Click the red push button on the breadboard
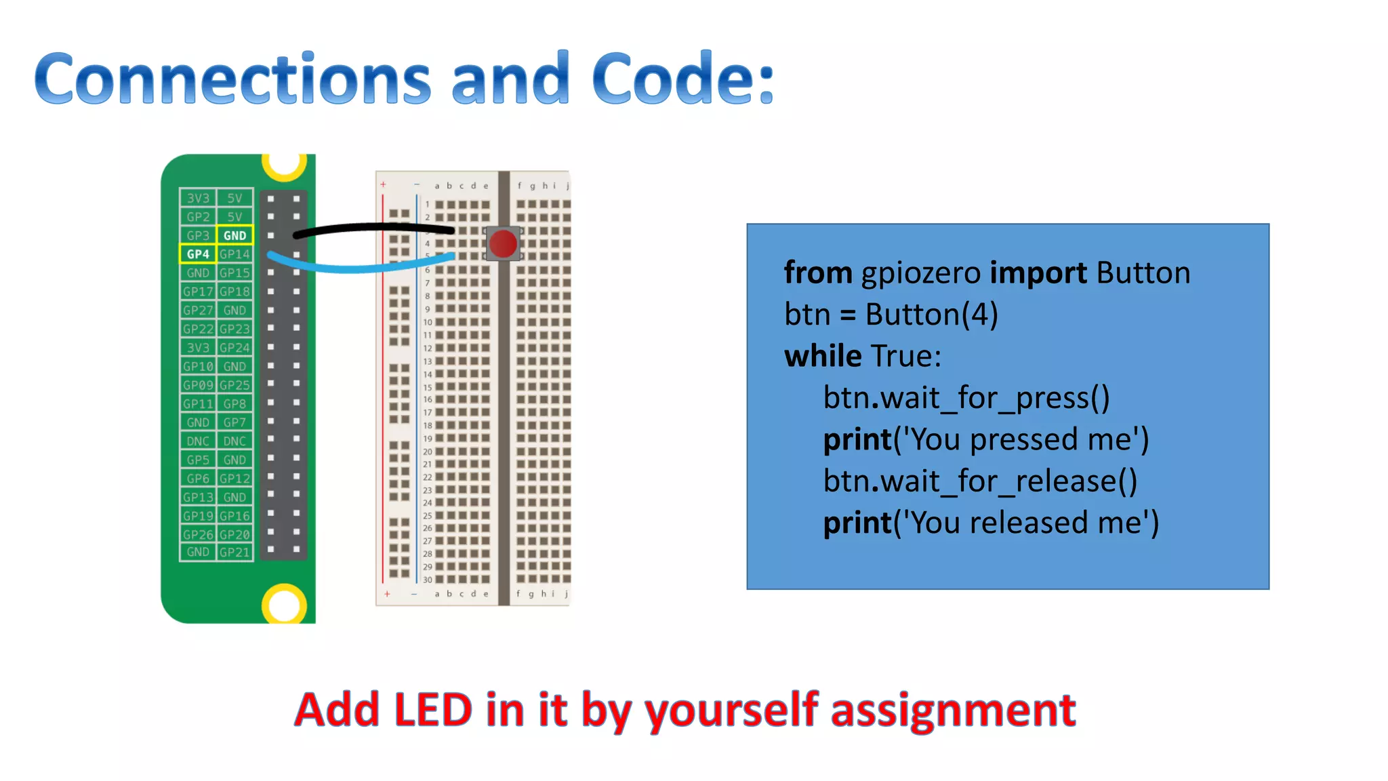pyautogui.click(x=503, y=243)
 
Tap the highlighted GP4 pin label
pyautogui.click(x=198, y=254)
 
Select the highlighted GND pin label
pyautogui.click(x=234, y=235)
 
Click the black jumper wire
pyautogui.click(x=373, y=228)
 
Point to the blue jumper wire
pyautogui.click(x=359, y=267)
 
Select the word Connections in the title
pyautogui.click(x=232, y=79)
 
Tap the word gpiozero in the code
pyautogui.click(x=920, y=273)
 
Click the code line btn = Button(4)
pyautogui.click(x=891, y=315)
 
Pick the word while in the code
pyautogui.click(x=822, y=356)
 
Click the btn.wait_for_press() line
pyautogui.click(x=966, y=398)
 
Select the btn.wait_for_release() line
pyautogui.click(x=979, y=481)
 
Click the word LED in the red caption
pyautogui.click(x=432, y=710)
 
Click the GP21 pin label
pyautogui.click(x=234, y=553)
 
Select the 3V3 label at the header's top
pyautogui.click(x=198, y=198)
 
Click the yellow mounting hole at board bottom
pyautogui.click(x=284, y=604)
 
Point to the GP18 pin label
pyautogui.click(x=234, y=292)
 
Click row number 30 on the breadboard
pyautogui.click(x=427, y=580)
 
